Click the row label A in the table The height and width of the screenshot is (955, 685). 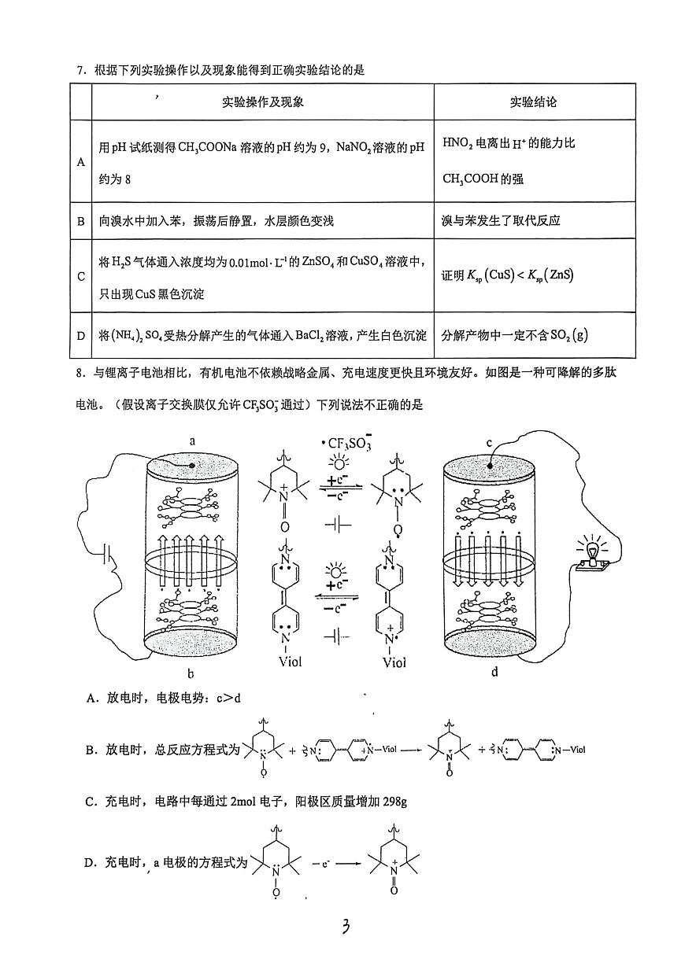[80, 161]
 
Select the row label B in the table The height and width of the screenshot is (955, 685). [80, 221]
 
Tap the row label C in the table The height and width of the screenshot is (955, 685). [80, 276]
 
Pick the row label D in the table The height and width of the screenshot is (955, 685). [80, 335]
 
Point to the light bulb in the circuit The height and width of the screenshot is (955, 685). [591, 550]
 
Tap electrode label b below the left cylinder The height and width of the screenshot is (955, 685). [191, 673]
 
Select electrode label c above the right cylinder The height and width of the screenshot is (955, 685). [488, 442]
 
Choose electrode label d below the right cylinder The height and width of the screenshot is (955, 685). [495, 673]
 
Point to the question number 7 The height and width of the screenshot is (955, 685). [80, 71]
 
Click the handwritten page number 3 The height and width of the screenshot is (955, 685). [344, 927]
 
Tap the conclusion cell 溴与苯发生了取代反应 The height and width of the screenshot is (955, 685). [501, 221]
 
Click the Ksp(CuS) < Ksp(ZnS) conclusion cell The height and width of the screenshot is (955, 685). [508, 275]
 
